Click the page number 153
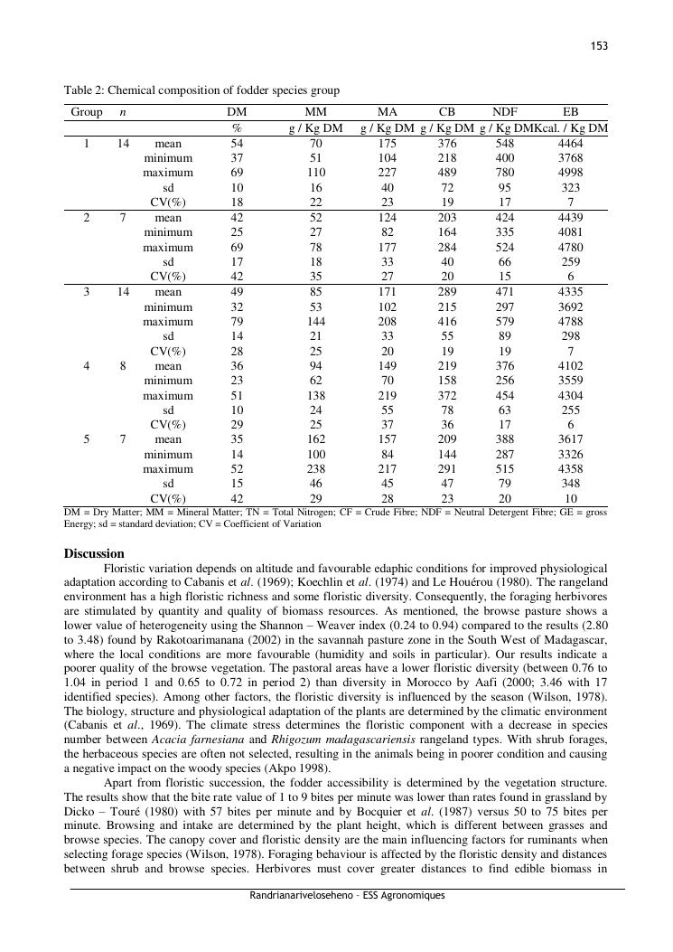(x=599, y=46)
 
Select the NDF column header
(x=505, y=112)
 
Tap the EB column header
(x=571, y=112)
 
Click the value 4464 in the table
(x=571, y=144)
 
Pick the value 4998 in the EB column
(x=571, y=173)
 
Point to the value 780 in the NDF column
(x=505, y=173)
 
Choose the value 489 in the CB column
(x=447, y=173)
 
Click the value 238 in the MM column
(x=316, y=469)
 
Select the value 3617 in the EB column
(x=571, y=439)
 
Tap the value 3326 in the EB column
(x=571, y=455)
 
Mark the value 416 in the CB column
(x=447, y=321)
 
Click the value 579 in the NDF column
(x=505, y=321)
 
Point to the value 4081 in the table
(x=571, y=232)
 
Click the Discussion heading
(x=94, y=553)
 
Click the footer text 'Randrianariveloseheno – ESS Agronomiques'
(x=347, y=896)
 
